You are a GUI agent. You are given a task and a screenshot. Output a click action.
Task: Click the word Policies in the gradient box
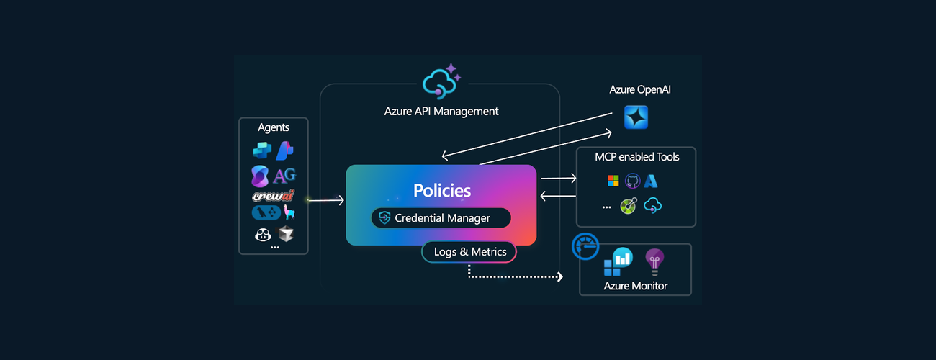(x=442, y=191)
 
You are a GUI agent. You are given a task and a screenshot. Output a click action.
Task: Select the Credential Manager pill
(x=441, y=218)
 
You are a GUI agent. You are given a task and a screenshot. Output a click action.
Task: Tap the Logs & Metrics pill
(x=469, y=251)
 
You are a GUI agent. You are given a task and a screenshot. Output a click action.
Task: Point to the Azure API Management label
(x=441, y=112)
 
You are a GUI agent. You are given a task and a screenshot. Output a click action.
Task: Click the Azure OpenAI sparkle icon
(x=636, y=117)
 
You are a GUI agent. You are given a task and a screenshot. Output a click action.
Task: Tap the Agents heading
(x=274, y=127)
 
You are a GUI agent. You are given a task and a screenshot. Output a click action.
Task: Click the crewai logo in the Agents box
(x=274, y=196)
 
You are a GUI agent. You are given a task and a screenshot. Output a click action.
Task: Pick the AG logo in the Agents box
(x=284, y=176)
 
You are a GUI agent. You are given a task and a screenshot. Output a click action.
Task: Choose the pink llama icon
(x=289, y=212)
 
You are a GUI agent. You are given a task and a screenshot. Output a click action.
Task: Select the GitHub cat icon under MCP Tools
(x=632, y=181)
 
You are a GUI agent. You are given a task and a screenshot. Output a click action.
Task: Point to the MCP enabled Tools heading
(x=636, y=156)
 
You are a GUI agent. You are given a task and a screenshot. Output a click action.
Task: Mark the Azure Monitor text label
(x=636, y=286)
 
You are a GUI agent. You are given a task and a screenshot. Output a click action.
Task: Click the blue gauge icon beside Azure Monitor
(x=585, y=246)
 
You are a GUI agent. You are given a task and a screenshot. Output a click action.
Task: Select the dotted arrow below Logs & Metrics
(x=515, y=276)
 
